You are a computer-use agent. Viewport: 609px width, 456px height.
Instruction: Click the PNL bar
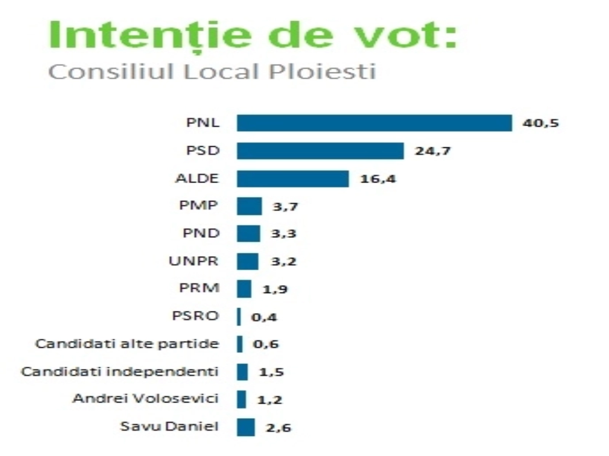tap(374, 123)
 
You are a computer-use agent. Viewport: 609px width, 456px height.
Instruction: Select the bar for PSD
tap(320, 151)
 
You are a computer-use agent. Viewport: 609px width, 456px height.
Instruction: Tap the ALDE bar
tap(293, 179)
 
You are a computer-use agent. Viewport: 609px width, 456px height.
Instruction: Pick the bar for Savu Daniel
tap(246, 427)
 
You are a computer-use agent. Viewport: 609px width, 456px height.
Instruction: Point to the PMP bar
tap(249, 206)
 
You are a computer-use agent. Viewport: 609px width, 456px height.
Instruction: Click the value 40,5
tap(540, 123)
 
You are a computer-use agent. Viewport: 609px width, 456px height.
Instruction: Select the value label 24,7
tap(433, 151)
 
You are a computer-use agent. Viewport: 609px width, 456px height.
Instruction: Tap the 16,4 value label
tap(378, 179)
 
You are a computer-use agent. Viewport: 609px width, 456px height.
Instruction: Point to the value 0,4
tap(264, 317)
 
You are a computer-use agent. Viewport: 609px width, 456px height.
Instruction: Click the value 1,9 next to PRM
tap(275, 289)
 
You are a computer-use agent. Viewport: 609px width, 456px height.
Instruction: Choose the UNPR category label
tap(194, 261)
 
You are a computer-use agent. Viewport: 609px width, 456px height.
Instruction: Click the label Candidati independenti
tap(120, 371)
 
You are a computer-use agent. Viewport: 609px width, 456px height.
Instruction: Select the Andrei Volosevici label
tap(146, 399)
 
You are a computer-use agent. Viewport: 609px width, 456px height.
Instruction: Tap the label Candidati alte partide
tap(127, 344)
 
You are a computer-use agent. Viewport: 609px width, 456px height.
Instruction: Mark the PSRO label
tap(196, 316)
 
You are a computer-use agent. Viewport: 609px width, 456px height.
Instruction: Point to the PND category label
tap(201, 233)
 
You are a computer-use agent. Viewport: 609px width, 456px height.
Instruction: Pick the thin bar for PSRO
tap(239, 317)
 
